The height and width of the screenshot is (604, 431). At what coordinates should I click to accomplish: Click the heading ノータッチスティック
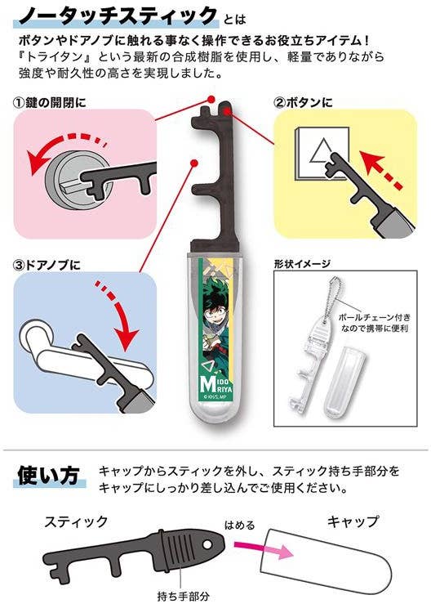pyautogui.click(x=110, y=15)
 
